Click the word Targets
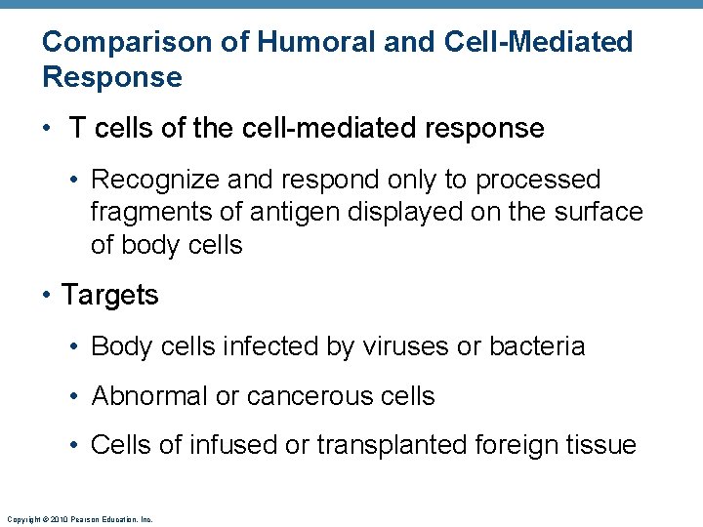[x=109, y=295]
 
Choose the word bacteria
[x=537, y=346]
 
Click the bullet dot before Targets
[x=47, y=295]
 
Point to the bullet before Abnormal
[x=76, y=396]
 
